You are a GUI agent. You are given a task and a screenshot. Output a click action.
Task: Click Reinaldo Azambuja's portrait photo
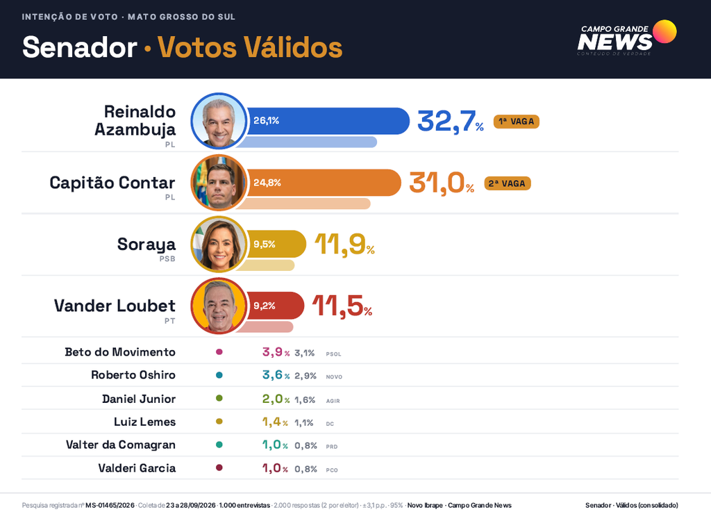(x=219, y=121)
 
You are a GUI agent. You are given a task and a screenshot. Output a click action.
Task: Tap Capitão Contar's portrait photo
(x=219, y=183)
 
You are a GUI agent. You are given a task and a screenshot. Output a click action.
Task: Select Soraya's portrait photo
(x=219, y=245)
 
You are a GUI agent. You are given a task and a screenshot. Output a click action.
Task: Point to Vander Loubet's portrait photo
(x=219, y=306)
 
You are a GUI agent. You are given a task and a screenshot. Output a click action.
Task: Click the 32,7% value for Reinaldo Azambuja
(x=450, y=122)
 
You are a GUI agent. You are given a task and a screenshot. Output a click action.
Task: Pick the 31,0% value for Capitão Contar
(x=442, y=183)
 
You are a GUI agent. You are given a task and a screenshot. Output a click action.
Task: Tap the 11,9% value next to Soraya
(x=344, y=245)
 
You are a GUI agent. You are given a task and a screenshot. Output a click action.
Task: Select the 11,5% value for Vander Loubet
(x=342, y=306)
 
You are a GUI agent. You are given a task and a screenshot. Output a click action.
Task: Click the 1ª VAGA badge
(x=517, y=122)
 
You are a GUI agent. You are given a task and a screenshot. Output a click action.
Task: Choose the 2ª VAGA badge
(x=508, y=183)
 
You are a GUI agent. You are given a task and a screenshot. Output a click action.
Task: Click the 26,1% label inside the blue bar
(x=266, y=121)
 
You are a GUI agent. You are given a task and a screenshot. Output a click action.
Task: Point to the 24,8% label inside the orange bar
(x=267, y=183)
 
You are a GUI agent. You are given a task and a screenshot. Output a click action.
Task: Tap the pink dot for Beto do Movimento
(x=219, y=352)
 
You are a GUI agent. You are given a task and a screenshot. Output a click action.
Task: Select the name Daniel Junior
(x=139, y=399)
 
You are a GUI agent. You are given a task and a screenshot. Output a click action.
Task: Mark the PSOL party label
(x=333, y=354)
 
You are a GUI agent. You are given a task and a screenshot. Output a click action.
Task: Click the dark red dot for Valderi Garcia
(x=219, y=468)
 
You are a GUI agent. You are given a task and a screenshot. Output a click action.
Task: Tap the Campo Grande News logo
(x=627, y=38)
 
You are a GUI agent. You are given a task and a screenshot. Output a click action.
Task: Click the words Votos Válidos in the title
(x=250, y=47)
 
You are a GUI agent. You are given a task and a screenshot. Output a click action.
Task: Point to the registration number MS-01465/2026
(x=110, y=505)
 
